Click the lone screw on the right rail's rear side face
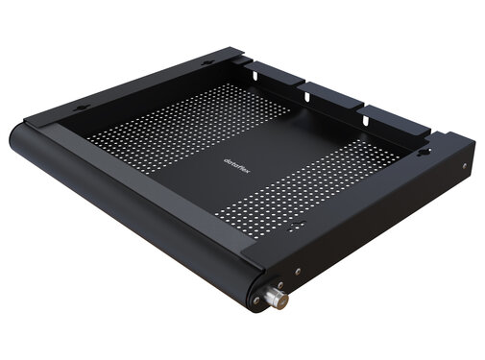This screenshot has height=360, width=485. (x=465, y=167)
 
